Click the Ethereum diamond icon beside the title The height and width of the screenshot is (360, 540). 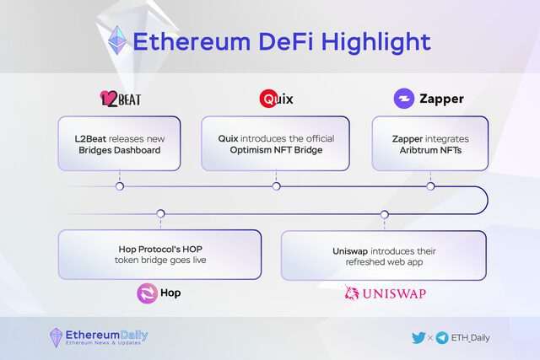[x=117, y=41]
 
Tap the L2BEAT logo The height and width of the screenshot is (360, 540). [x=120, y=99]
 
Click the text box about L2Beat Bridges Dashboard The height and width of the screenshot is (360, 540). [x=119, y=143]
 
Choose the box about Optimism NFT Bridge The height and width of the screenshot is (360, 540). [x=275, y=143]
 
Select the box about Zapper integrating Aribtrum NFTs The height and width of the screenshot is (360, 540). [x=430, y=143]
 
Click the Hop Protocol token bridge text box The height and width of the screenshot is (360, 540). [x=159, y=255]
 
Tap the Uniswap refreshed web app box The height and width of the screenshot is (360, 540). [x=384, y=255]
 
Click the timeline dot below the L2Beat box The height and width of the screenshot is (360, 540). [x=120, y=186]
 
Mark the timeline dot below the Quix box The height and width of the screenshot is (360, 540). [x=276, y=186]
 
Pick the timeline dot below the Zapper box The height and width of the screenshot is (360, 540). [x=430, y=186]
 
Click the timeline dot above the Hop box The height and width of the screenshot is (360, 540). [x=159, y=214]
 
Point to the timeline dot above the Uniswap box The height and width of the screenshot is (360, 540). [x=385, y=214]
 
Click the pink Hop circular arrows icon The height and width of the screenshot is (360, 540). [x=148, y=293]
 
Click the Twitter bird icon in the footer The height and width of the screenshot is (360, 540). [x=418, y=337]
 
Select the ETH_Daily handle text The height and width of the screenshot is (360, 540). [x=471, y=337]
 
